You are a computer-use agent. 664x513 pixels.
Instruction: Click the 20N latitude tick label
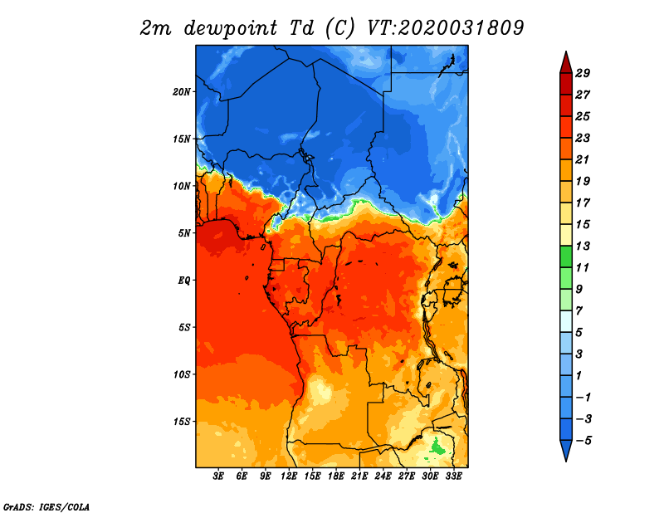[x=183, y=91]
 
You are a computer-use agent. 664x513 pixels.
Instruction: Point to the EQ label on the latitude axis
[x=184, y=281]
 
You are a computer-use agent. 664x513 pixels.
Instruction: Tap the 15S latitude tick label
[x=183, y=422]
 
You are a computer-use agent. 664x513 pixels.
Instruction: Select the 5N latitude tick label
[x=185, y=233]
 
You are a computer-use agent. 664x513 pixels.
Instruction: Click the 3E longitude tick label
[x=219, y=476]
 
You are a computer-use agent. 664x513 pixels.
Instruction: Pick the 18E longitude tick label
[x=336, y=476]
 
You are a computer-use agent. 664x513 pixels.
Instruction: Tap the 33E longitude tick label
[x=453, y=476]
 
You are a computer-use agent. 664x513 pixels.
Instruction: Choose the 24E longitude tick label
[x=383, y=476]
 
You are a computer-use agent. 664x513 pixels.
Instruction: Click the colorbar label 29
[x=593, y=73]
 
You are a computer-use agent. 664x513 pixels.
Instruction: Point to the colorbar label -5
[x=593, y=440]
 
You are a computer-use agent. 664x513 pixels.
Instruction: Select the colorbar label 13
[x=593, y=246]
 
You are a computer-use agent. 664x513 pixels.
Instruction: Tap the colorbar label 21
[x=593, y=159]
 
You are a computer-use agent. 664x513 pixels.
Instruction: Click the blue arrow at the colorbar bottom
[x=565, y=450]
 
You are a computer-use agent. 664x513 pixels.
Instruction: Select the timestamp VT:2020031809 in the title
[x=445, y=27]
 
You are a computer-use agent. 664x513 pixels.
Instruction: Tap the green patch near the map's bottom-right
[x=435, y=449]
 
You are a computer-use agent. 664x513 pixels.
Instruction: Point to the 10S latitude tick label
[x=183, y=374]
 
